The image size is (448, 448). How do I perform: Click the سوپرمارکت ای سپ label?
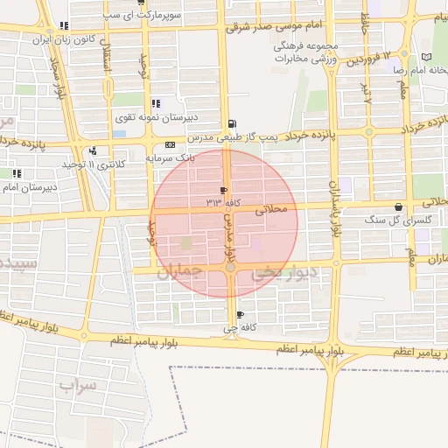pos(111,16)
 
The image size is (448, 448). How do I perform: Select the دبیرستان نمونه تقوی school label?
pos(149,115)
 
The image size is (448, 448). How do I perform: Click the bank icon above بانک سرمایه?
pos(169,144)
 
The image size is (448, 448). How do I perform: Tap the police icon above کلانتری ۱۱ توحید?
pos(93,151)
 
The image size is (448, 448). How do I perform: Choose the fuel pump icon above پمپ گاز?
pos(230,124)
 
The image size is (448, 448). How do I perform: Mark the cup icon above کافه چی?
pos(240,314)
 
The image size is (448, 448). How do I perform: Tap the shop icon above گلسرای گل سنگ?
pos(399,207)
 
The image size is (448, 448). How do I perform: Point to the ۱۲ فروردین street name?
pos(363,59)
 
